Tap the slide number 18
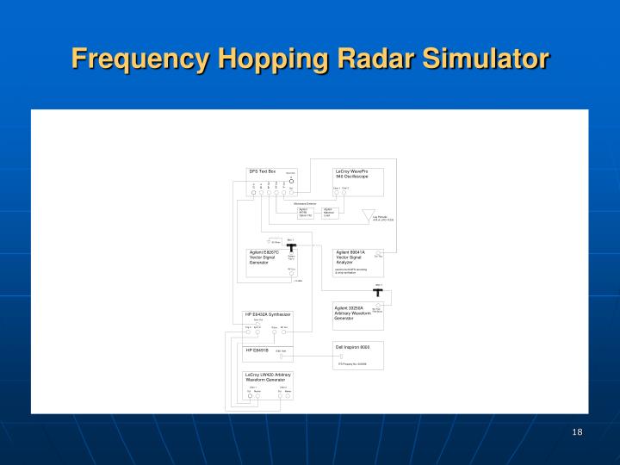point(577,431)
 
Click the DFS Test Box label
point(262,171)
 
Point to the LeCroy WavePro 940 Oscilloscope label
point(352,174)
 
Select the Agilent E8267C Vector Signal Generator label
point(265,257)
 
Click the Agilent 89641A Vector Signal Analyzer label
point(351,257)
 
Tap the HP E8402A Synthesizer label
point(268,314)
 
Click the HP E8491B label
point(258,350)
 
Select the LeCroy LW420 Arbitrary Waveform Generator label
point(269,377)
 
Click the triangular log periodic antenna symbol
point(369,214)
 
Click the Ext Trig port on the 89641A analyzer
point(378,254)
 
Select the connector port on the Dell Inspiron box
point(341,356)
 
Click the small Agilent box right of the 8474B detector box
point(329,213)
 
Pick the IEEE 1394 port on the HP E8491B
point(282,356)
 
